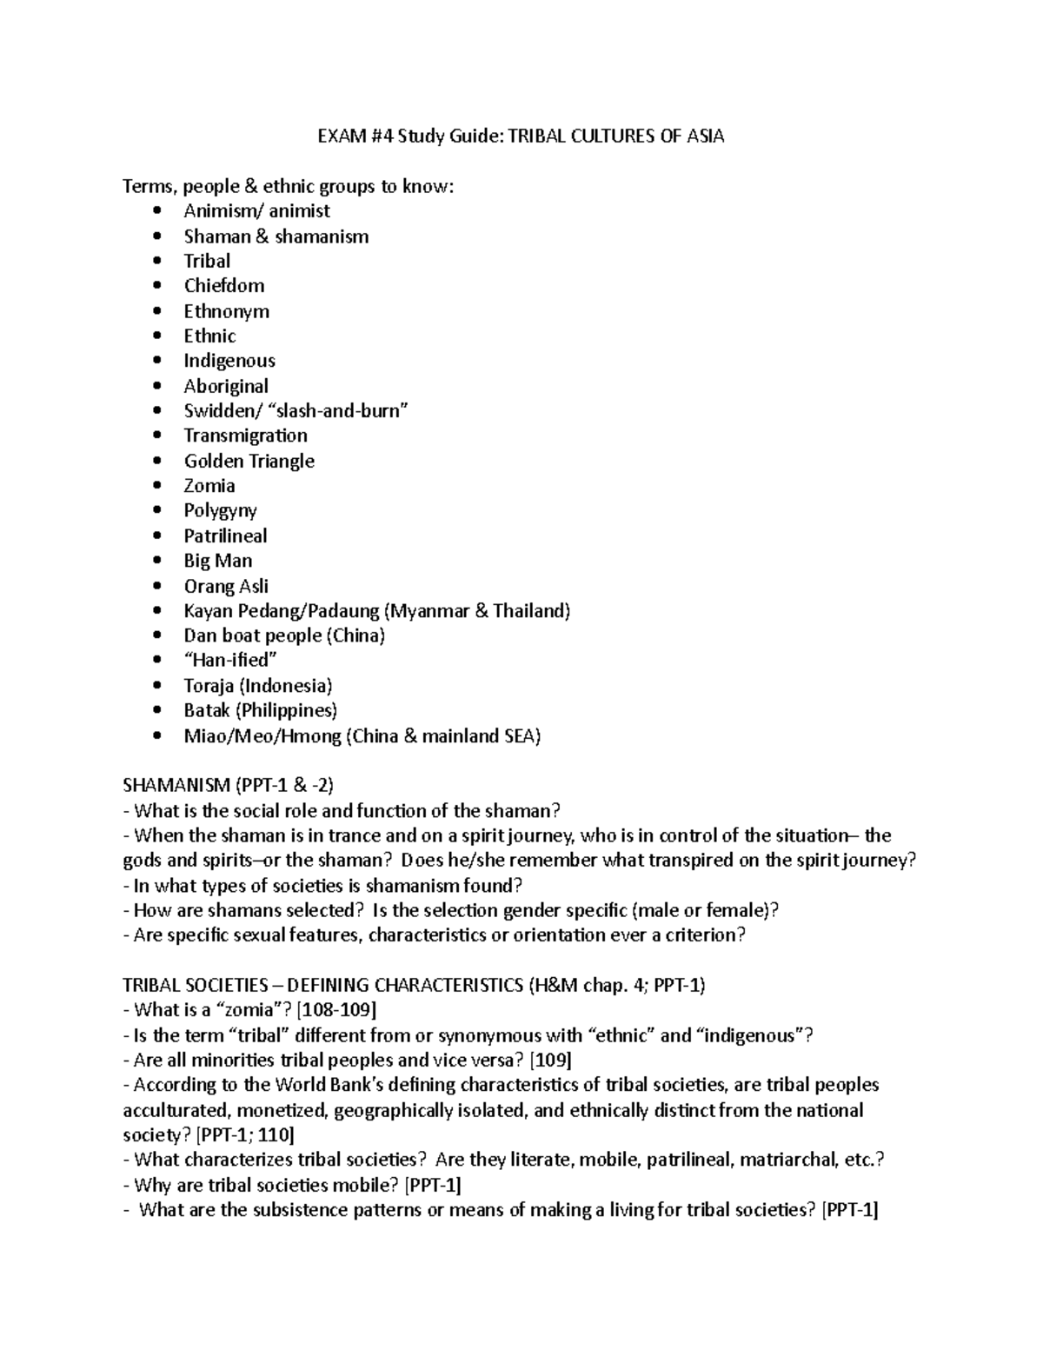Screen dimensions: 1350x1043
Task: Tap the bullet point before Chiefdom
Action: click(x=156, y=286)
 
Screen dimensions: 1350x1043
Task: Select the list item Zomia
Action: click(x=209, y=486)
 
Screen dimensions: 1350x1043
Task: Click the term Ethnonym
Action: click(x=226, y=311)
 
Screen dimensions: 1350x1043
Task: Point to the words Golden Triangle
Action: click(x=249, y=461)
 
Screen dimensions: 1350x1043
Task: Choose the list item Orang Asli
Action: click(x=226, y=586)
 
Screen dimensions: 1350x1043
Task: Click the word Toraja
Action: click(x=209, y=686)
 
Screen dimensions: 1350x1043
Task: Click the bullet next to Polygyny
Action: click(x=156, y=511)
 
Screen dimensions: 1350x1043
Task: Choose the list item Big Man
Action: click(x=218, y=561)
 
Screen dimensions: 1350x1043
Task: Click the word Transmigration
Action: click(x=245, y=436)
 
